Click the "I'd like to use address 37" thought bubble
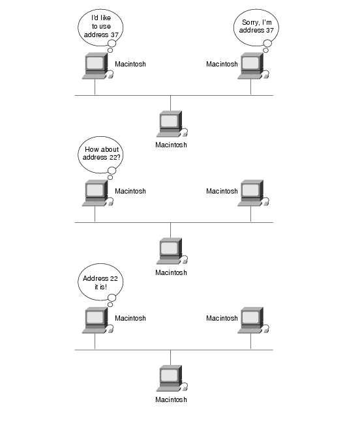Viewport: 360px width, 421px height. (100, 27)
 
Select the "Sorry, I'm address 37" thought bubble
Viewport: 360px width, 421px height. (256, 27)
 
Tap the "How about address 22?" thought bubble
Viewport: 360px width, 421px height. (100, 154)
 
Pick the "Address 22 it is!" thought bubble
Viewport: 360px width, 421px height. (100, 282)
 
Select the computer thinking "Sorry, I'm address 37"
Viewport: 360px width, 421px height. (253, 66)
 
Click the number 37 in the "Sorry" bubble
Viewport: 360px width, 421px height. (269, 31)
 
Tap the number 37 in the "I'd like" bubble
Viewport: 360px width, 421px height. (114, 35)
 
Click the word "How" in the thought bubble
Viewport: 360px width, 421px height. (91, 149)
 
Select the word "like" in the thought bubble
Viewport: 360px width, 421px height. (106, 18)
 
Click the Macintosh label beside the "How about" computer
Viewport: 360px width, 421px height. (130, 191)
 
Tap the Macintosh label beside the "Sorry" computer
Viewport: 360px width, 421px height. (222, 64)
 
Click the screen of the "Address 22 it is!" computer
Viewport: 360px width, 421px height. (95, 317)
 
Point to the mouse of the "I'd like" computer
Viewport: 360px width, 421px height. (110, 76)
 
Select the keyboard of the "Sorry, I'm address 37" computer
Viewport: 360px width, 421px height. (249, 77)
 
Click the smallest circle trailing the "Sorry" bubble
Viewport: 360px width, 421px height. (265, 50)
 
